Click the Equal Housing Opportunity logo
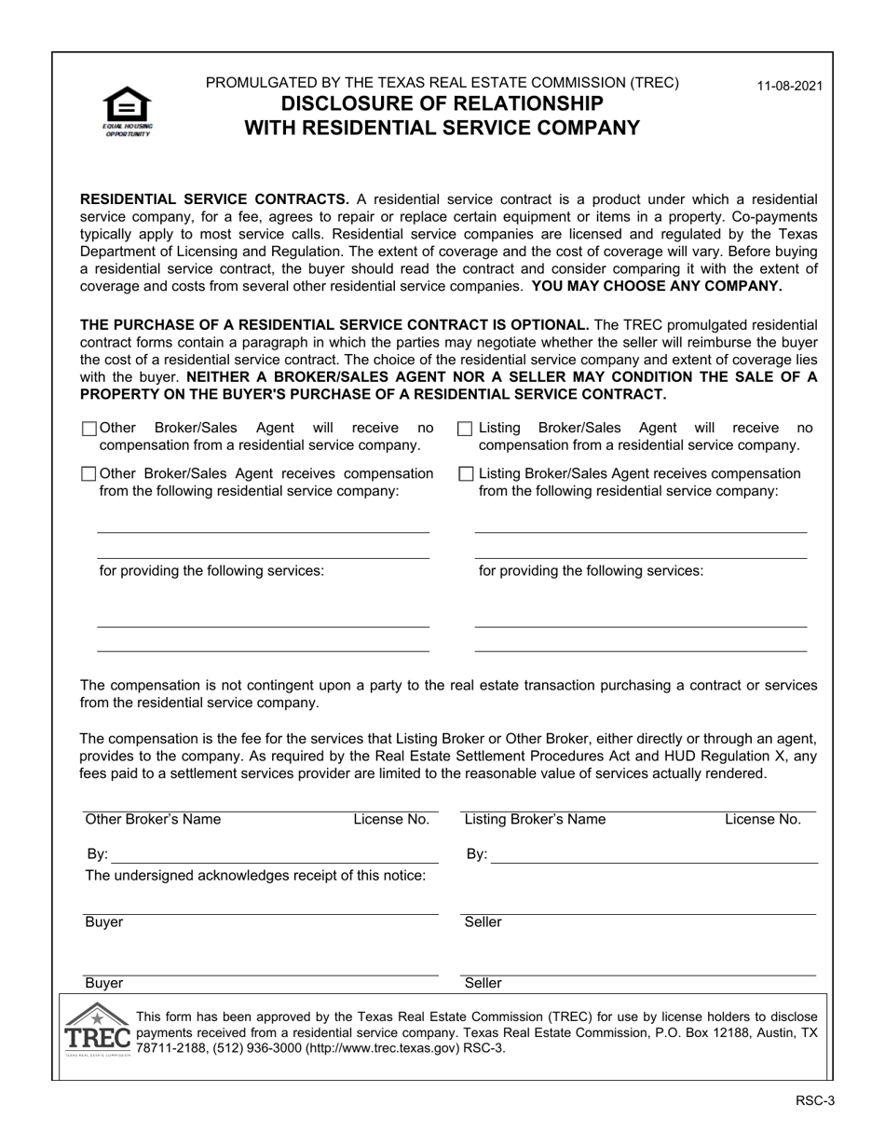click(x=128, y=111)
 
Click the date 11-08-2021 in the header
click(x=789, y=86)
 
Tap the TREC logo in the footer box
click(x=97, y=1030)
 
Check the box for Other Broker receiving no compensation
click(x=89, y=429)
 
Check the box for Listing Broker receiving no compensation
click(x=466, y=429)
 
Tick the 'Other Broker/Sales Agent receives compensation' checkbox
click(x=89, y=474)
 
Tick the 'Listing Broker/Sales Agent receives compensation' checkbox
click(x=466, y=474)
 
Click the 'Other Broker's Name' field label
click(x=153, y=820)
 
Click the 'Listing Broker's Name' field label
click(x=535, y=820)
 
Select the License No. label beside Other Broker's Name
click(x=391, y=820)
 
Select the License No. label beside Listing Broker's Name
click(x=763, y=820)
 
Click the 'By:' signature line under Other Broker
click(x=275, y=855)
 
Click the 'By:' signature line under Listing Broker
click(x=653, y=855)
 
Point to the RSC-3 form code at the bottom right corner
click(x=814, y=1100)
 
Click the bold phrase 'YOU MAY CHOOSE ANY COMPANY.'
click(x=657, y=286)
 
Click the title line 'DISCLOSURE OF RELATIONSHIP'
click(x=442, y=103)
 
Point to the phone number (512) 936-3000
click(x=240, y=1048)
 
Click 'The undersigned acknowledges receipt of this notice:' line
click(x=256, y=875)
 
